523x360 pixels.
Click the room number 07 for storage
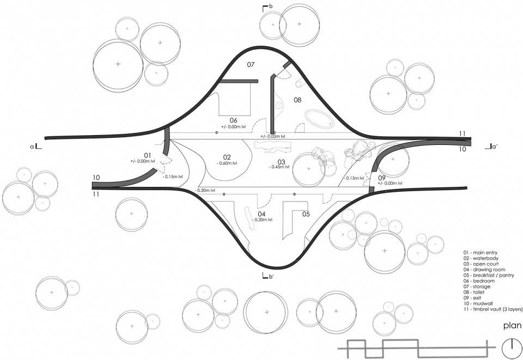point(251,65)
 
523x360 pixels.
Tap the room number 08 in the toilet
point(297,100)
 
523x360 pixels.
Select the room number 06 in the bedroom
point(233,120)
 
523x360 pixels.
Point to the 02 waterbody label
point(227,157)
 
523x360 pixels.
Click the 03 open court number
point(281,162)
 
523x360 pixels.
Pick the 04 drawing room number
point(261,214)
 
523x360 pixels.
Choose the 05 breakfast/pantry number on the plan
point(306,214)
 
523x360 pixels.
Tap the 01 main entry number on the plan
point(147,155)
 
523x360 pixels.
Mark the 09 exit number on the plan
point(381,178)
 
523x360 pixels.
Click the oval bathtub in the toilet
point(319,118)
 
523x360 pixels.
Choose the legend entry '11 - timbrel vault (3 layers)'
point(492,309)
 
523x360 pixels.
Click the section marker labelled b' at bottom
point(268,276)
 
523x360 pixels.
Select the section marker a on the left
point(36,146)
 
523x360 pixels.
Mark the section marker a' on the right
point(492,146)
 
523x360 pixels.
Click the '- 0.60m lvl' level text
point(227,163)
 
